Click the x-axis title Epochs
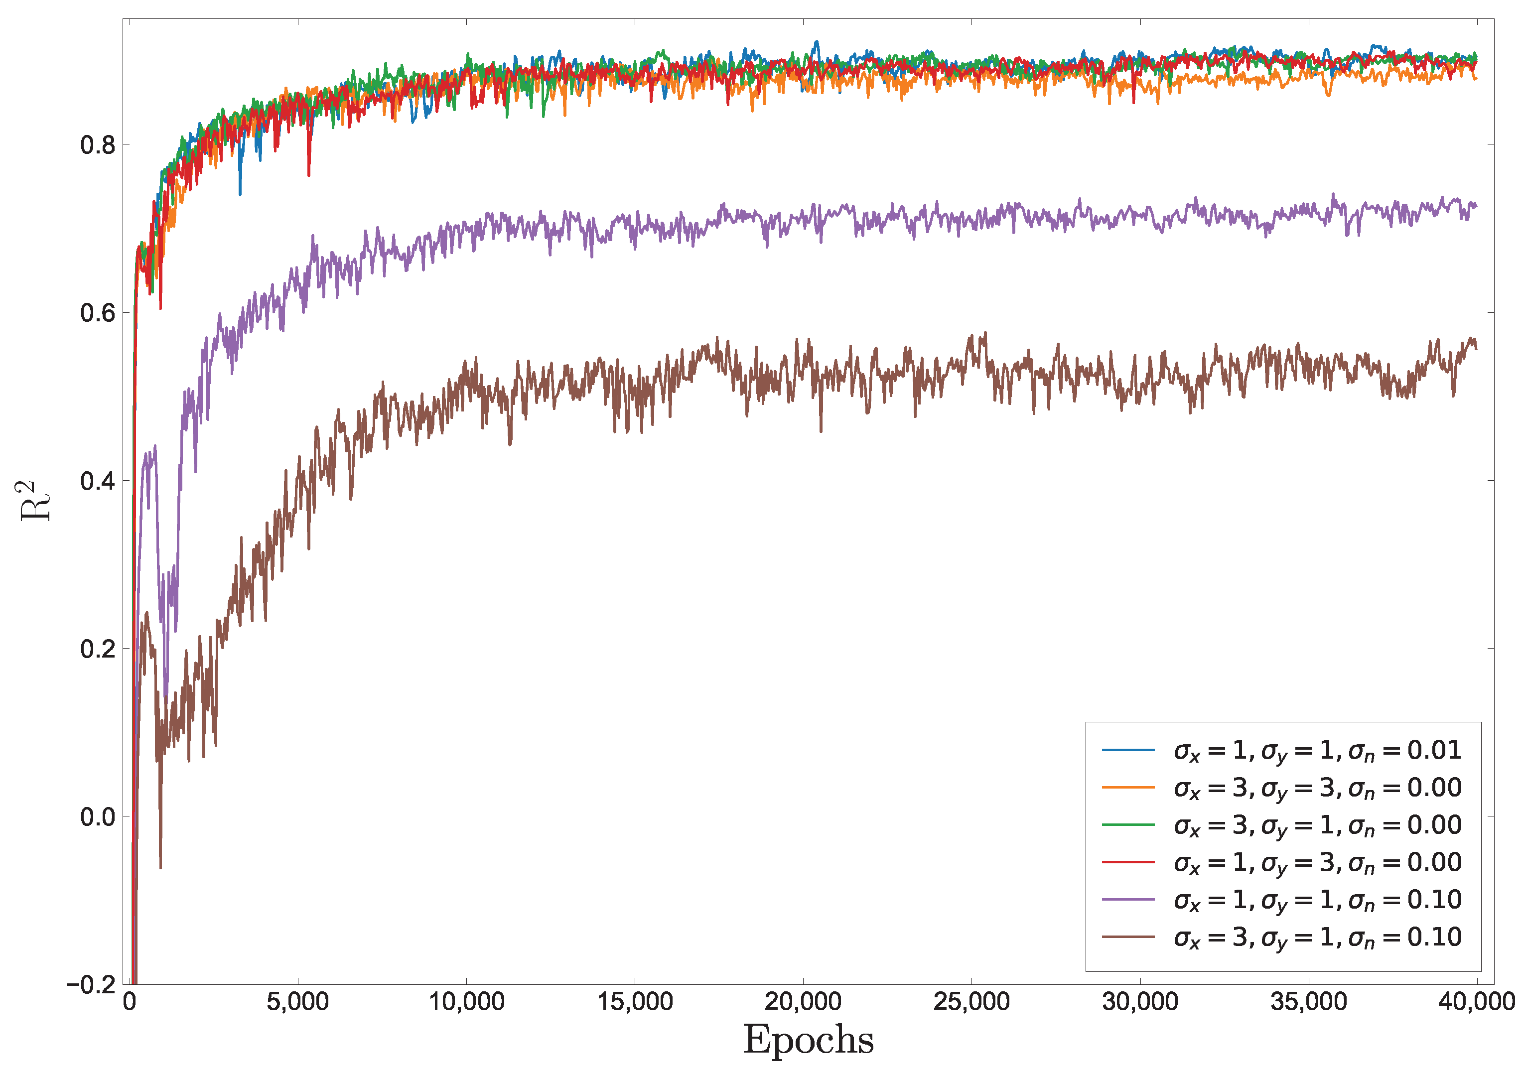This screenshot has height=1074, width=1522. point(808,1040)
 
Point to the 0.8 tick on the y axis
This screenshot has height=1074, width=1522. point(98,144)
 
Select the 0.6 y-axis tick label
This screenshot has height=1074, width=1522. point(98,313)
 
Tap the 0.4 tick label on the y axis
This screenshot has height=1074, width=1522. point(98,481)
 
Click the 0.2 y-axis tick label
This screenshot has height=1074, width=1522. point(98,649)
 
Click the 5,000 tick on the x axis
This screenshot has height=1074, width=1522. point(297,1002)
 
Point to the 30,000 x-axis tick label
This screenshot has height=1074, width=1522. point(1140,1002)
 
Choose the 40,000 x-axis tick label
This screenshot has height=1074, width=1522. point(1476,1002)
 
